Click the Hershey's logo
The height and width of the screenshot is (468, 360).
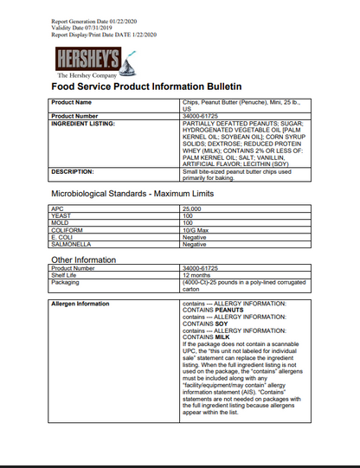click(x=92, y=61)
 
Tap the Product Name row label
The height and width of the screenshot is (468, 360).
click(x=72, y=103)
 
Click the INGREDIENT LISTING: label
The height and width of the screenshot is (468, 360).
click(x=84, y=123)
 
